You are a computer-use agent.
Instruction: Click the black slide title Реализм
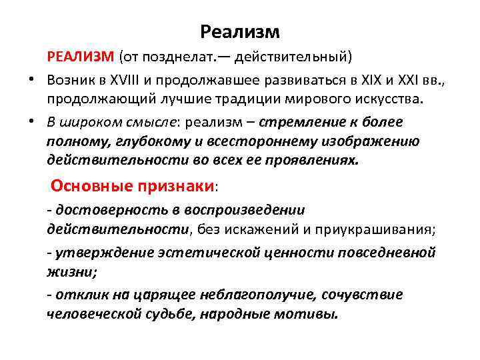(x=240, y=32)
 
